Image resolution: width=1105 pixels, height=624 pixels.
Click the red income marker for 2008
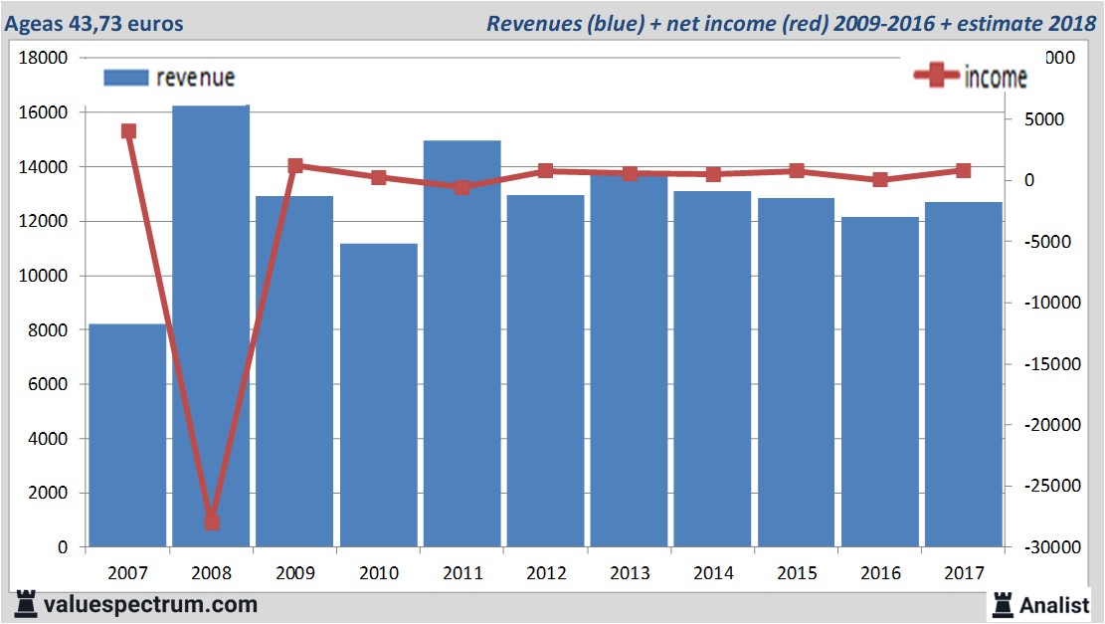(x=212, y=522)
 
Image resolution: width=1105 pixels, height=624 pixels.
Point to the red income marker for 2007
(x=128, y=131)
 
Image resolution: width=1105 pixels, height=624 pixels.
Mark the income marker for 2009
(x=295, y=166)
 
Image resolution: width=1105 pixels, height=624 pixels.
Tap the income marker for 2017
(x=963, y=171)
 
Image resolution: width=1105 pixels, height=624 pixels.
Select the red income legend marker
(x=936, y=76)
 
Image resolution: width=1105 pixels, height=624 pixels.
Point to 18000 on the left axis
(x=44, y=59)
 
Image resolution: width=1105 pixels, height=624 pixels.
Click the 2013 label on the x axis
(x=630, y=574)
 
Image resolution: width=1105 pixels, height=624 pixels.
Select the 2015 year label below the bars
(x=797, y=574)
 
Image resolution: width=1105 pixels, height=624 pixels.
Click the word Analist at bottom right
(x=1054, y=604)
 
